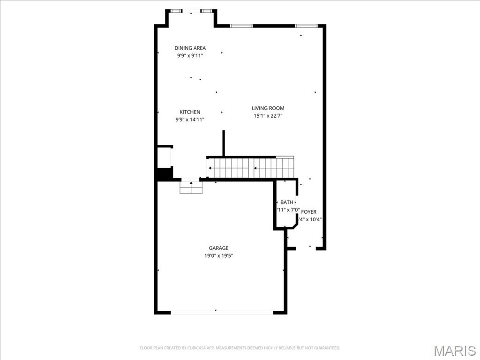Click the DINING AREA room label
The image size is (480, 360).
(x=190, y=48)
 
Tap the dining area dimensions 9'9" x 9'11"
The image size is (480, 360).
(x=190, y=55)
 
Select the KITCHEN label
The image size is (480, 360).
(x=190, y=112)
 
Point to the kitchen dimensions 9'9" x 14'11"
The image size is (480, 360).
(x=190, y=120)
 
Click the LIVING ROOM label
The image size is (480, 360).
(x=268, y=108)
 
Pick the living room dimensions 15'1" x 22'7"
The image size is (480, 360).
(x=268, y=116)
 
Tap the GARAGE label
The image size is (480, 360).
(x=218, y=248)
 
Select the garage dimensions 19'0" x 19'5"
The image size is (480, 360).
(x=218, y=255)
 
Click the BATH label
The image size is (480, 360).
(x=286, y=202)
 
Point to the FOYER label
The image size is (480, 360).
(x=308, y=212)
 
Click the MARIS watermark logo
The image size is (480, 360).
(x=454, y=351)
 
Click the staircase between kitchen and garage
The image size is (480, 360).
(x=250, y=168)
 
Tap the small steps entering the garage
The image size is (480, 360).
(x=191, y=187)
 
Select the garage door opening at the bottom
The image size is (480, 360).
(x=222, y=312)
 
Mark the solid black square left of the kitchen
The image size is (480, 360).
(x=164, y=174)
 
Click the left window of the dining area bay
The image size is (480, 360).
(x=176, y=11)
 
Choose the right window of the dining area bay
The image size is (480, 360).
(x=207, y=11)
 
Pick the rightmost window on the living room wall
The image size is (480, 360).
(x=306, y=26)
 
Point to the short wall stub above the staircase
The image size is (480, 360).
(x=224, y=143)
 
